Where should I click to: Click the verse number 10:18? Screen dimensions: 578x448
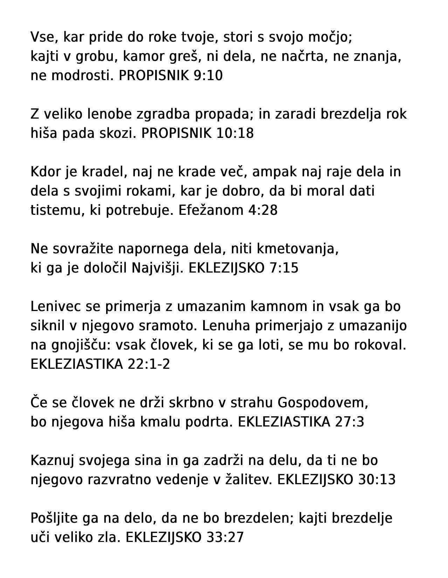tap(235, 133)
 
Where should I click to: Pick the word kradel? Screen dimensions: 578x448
tap(101, 172)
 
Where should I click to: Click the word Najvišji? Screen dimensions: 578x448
tap(157, 268)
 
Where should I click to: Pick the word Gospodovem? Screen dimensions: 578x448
tap(323, 402)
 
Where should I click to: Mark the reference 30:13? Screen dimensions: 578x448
tap(377, 479)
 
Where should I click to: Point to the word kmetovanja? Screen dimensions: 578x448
tap(298, 249)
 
